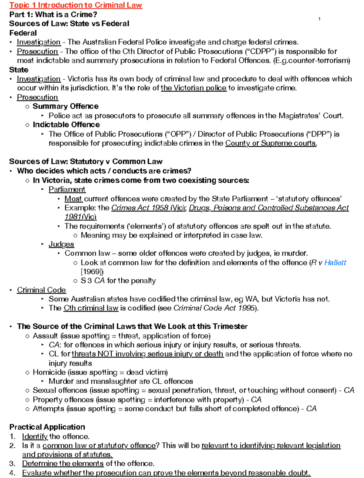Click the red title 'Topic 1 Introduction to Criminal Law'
[x=76, y=5]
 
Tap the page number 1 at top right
[x=319, y=19]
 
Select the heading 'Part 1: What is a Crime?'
[x=53, y=15]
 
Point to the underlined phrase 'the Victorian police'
[x=194, y=88]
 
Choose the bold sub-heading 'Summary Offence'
[x=66, y=106]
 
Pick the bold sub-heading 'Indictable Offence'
[x=66, y=125]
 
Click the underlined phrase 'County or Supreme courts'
[x=271, y=143]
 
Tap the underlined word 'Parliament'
[x=67, y=189]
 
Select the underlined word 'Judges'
[x=61, y=244]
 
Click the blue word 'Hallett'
[x=335, y=263]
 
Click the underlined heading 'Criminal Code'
[x=41, y=290]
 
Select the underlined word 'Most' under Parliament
[x=73, y=199]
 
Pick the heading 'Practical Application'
[x=47, y=427]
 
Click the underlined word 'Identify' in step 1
[x=35, y=436]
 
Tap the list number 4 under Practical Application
[x=12, y=473]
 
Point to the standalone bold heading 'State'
[x=19, y=70]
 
